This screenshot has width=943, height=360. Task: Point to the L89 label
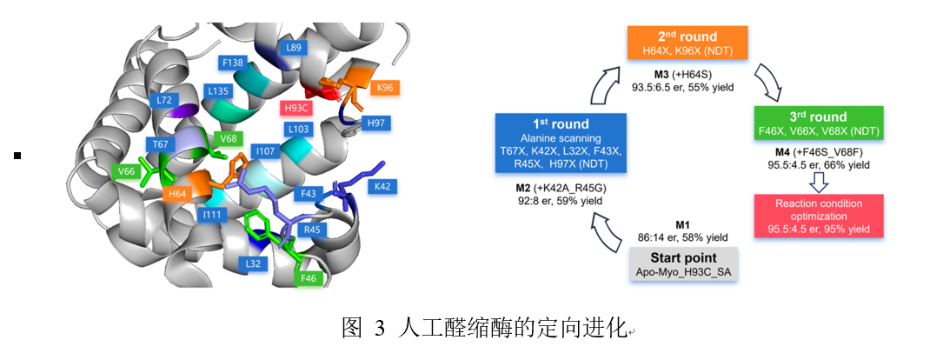tap(293, 48)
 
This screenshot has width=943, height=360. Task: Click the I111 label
tap(211, 214)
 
